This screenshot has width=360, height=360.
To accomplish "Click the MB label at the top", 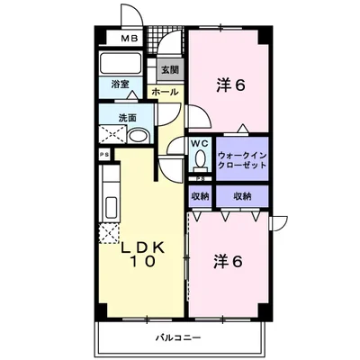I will [x=130, y=39].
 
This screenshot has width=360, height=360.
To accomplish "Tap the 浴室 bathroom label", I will [x=121, y=84].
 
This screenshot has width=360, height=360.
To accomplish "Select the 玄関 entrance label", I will [x=169, y=68].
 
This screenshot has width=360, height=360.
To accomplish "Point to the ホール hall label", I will [x=164, y=92].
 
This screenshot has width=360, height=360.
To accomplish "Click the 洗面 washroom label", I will [x=127, y=119].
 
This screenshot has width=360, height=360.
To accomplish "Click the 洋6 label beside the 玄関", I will [x=230, y=86].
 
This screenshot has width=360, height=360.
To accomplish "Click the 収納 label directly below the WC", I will [x=200, y=195].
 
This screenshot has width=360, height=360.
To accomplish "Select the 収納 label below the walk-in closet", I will [x=242, y=195].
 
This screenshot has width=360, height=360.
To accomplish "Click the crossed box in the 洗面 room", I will [x=112, y=136].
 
